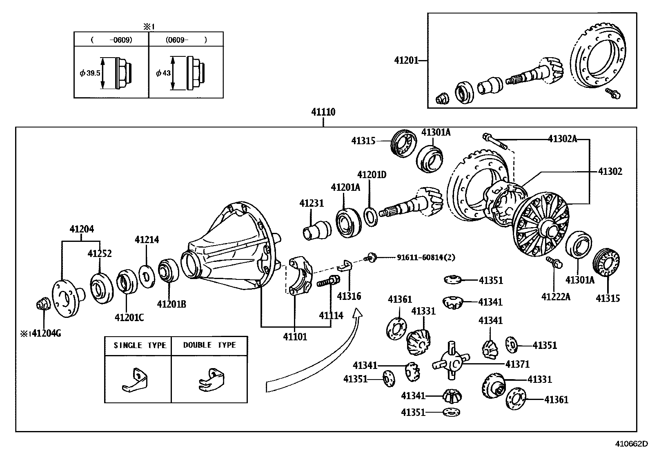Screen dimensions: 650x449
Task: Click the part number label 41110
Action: pos(323,112)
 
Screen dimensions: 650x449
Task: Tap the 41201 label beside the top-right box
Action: pos(406,60)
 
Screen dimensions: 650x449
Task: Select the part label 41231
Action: pos(312,203)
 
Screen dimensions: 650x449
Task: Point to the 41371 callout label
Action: pos(517,364)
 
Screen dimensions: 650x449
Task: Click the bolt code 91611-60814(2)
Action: pos(426,257)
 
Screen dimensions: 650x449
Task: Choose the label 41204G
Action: pos(47,333)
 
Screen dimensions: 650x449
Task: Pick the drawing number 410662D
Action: pos(632,444)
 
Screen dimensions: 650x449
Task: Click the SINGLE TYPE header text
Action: pos(140,345)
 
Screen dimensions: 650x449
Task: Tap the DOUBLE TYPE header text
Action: pos(209,345)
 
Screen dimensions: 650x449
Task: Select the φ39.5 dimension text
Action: pos(90,73)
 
